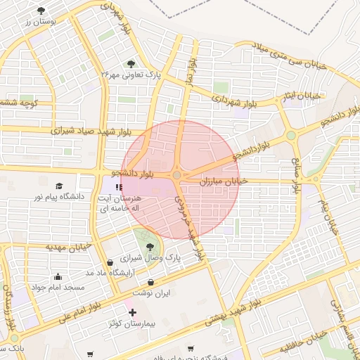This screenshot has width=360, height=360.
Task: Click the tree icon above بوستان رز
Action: pyautogui.click(x=41, y=10)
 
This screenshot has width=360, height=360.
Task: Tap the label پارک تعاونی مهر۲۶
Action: pyautogui.click(x=131, y=73)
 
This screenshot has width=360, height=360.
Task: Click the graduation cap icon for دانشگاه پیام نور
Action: pyautogui.click(x=59, y=186)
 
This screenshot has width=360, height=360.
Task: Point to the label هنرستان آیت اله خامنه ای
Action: pyautogui.click(x=117, y=204)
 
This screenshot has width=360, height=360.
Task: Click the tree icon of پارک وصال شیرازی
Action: pyautogui.click(x=150, y=247)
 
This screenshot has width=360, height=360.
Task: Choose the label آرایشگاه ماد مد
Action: pyautogui.click(x=110, y=272)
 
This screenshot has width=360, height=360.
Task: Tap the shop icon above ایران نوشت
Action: pyautogui.click(x=150, y=282)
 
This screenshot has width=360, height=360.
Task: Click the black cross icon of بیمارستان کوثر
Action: pyautogui.click(x=132, y=311)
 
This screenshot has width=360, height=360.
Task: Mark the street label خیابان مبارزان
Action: pyautogui.click(x=224, y=181)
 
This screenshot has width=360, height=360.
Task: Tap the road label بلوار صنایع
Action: pyautogui.click(x=297, y=176)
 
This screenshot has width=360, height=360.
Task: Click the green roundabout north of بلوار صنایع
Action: pyautogui.click(x=290, y=136)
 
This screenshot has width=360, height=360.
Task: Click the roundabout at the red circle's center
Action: pyautogui.click(x=177, y=176)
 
